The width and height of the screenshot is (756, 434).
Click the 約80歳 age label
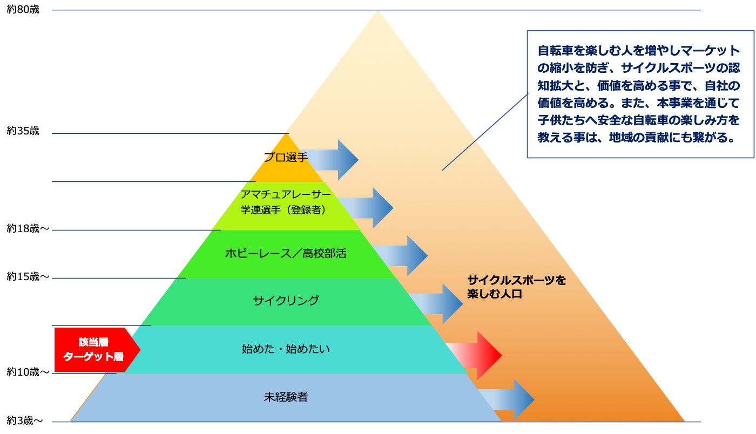(x=23, y=10)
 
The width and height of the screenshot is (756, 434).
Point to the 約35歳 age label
(x=23, y=131)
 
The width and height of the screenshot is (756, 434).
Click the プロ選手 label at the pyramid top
(x=286, y=158)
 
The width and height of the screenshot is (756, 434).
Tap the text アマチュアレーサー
(x=286, y=194)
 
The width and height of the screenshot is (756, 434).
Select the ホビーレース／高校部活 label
(x=286, y=253)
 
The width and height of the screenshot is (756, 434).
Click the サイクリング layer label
(x=286, y=301)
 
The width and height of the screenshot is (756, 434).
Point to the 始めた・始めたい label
(x=286, y=349)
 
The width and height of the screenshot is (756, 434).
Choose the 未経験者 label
(x=286, y=397)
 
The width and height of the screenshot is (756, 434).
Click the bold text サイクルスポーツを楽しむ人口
(x=516, y=287)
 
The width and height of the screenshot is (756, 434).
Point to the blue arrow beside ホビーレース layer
(x=400, y=255)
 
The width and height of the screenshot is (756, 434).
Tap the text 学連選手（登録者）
(x=286, y=210)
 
